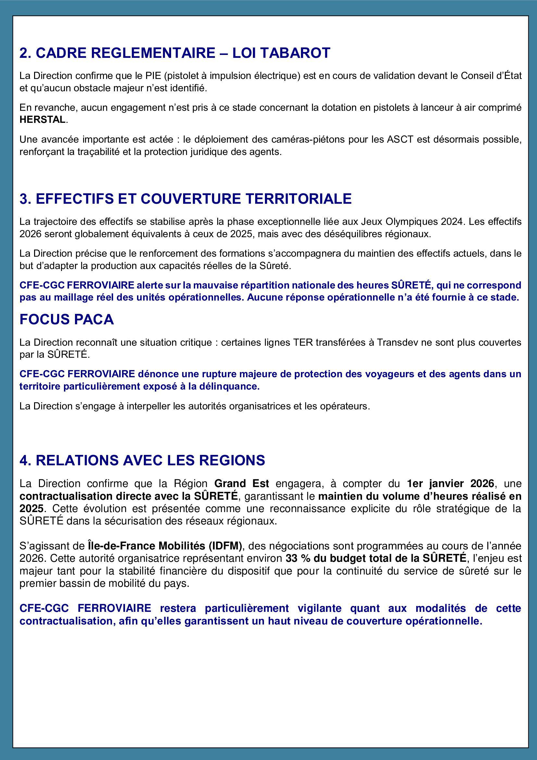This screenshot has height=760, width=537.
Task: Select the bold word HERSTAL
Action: tap(43, 120)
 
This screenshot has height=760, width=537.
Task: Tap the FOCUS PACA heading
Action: tap(67, 319)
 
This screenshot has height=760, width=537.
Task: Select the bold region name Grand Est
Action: tap(241, 483)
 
